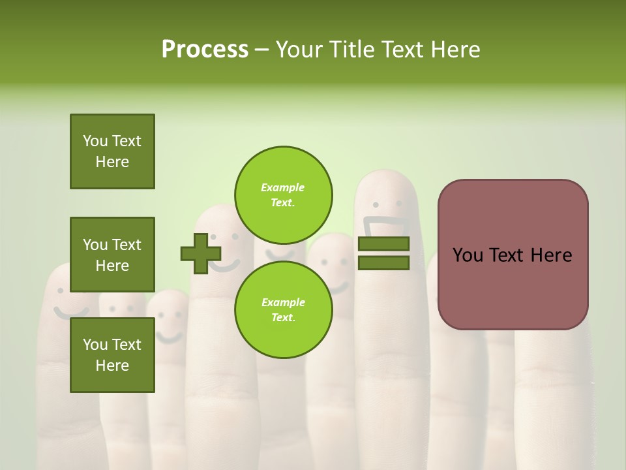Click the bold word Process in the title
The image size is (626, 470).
205,50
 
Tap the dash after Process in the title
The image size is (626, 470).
261,50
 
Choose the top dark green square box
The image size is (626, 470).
112,151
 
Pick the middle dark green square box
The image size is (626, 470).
112,255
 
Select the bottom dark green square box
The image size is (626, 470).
112,354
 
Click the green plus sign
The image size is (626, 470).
200,254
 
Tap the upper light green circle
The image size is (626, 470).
283,195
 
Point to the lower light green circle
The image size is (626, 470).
283,310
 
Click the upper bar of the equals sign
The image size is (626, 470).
383,244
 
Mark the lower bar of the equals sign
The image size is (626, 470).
383,263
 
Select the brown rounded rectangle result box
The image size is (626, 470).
513,255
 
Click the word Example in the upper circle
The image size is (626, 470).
283,187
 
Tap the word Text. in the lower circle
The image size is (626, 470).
283,318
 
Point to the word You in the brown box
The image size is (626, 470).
468,255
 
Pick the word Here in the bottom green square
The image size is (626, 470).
112,366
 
